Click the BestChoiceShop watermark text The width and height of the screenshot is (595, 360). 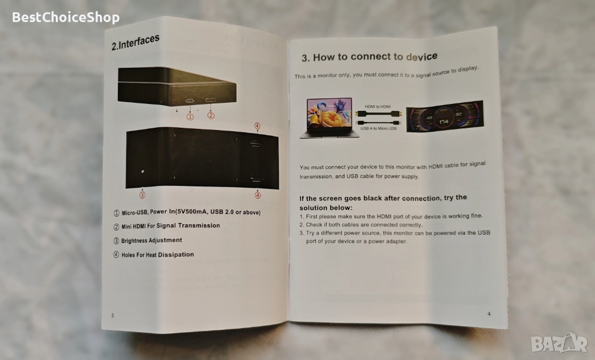[x=66, y=17]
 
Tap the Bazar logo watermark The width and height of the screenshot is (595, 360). [x=559, y=343]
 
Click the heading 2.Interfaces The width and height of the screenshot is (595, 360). [x=135, y=42]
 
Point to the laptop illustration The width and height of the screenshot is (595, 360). [x=329, y=118]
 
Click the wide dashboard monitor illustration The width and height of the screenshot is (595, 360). [x=445, y=117]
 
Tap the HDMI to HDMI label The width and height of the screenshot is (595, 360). [x=378, y=107]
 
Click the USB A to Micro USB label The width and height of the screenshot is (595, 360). [x=378, y=128]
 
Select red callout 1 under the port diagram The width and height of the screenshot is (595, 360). [x=190, y=117]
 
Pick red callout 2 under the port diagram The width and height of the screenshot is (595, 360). [x=211, y=116]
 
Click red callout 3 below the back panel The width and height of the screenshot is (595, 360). [x=142, y=195]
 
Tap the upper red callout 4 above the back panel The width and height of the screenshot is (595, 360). [x=257, y=126]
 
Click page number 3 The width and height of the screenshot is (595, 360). [x=112, y=315]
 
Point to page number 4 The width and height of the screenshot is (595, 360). [x=489, y=314]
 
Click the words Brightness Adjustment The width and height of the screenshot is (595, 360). [x=152, y=240]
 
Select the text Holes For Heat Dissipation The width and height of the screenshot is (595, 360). [x=157, y=254]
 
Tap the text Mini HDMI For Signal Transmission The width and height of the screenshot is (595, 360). [x=170, y=226]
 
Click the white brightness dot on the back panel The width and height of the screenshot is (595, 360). [x=143, y=171]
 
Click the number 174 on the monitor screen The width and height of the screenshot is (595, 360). [x=443, y=122]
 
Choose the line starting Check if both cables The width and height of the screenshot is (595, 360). [x=364, y=225]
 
